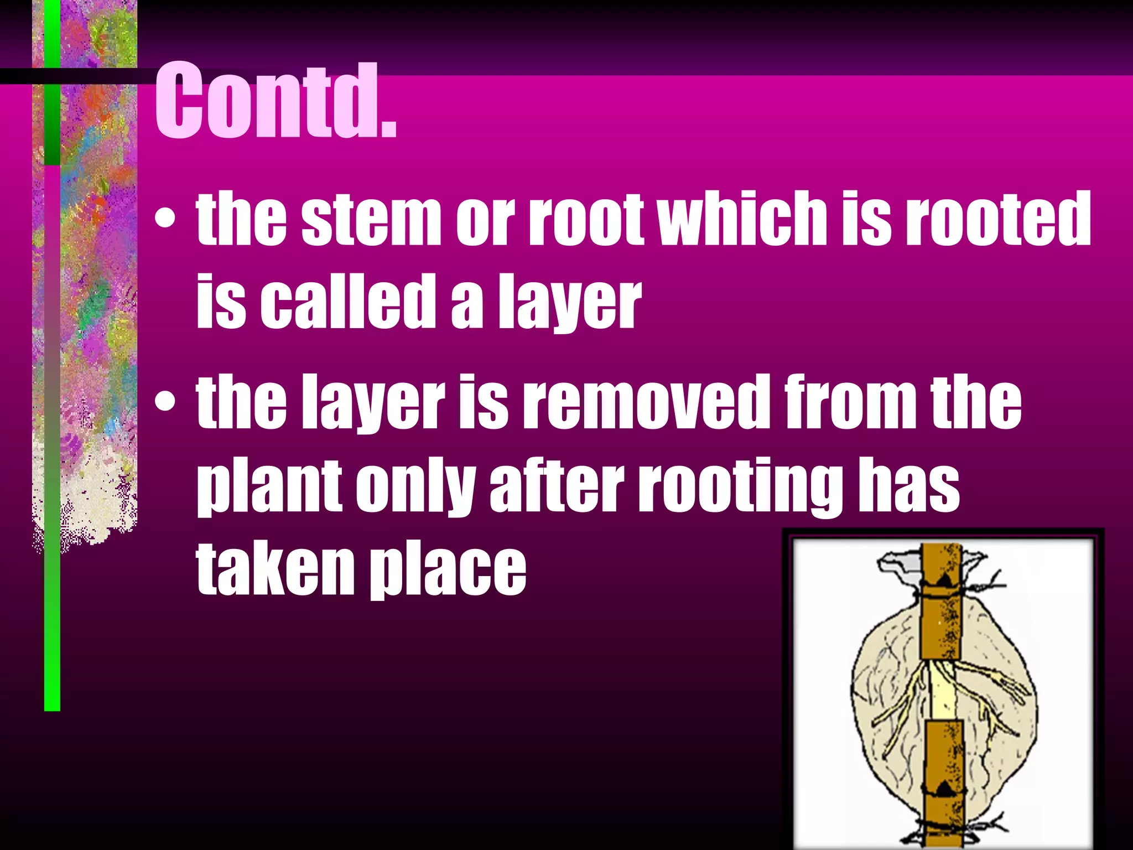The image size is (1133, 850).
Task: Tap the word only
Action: [414, 487]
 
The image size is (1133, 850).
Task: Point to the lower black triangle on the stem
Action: [944, 789]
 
